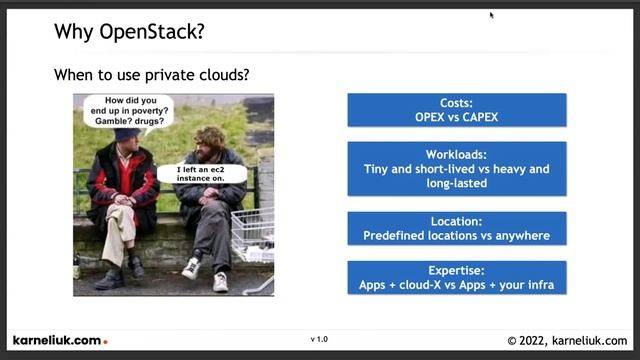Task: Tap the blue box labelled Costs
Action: [x=456, y=110]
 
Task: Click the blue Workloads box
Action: [x=456, y=169]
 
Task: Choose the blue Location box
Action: [x=456, y=229]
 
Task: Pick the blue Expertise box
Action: [x=456, y=278]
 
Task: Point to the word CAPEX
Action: [x=479, y=117]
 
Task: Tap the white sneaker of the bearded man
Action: [x=191, y=268]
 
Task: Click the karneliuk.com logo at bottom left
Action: [x=58, y=341]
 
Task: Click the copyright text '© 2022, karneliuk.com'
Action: [x=567, y=341]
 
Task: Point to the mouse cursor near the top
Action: [x=491, y=14]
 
